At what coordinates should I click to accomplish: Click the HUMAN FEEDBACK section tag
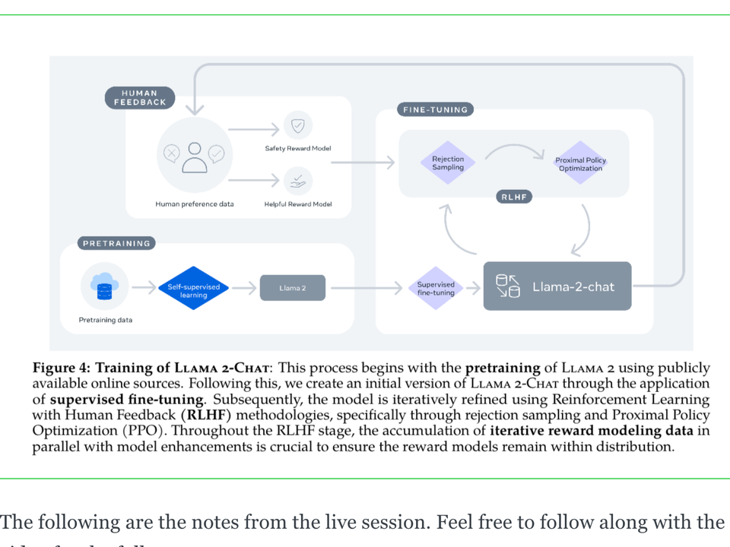coord(139,98)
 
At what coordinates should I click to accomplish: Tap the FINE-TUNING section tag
coord(434,109)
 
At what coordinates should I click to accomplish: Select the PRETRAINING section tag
coord(116,243)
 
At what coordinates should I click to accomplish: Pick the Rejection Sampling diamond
coord(448,163)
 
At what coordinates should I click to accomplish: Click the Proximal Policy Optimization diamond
coord(580,164)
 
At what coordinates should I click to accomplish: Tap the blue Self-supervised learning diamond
coord(193,289)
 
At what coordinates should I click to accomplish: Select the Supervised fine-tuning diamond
coord(435,288)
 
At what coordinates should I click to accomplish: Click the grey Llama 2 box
coord(292,288)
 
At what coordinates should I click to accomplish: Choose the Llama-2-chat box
coord(557,286)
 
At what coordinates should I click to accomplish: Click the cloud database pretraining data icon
coord(105,286)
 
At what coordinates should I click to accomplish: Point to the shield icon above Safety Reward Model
coord(298,125)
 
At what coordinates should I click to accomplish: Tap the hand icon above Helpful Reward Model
coord(298,180)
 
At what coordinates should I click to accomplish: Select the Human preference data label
coord(195,204)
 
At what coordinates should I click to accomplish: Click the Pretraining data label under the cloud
coord(106,320)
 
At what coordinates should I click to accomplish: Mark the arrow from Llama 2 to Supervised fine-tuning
coord(366,288)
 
